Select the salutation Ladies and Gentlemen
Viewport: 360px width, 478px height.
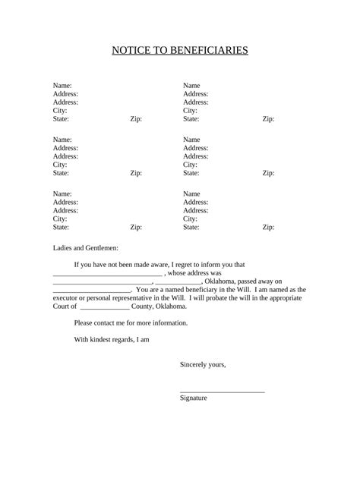[x=86, y=247]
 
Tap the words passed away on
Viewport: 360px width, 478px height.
[x=260, y=281]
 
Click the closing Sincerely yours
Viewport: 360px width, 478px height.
[x=203, y=364]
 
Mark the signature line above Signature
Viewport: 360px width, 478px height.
[x=222, y=391]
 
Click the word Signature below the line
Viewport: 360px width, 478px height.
[x=194, y=398]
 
